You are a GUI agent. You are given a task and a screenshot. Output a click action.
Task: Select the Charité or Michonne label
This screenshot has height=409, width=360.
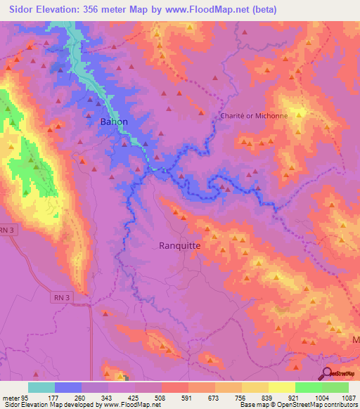(255, 116)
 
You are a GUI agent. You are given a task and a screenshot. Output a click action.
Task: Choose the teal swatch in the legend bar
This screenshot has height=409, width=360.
(41, 387)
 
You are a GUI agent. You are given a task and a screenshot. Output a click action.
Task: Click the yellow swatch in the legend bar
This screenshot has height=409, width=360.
(282, 387)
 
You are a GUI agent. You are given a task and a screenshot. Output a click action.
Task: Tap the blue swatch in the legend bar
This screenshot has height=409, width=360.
(68, 387)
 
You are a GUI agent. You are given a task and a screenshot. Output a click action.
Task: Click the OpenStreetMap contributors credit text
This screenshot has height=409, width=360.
(309, 405)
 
